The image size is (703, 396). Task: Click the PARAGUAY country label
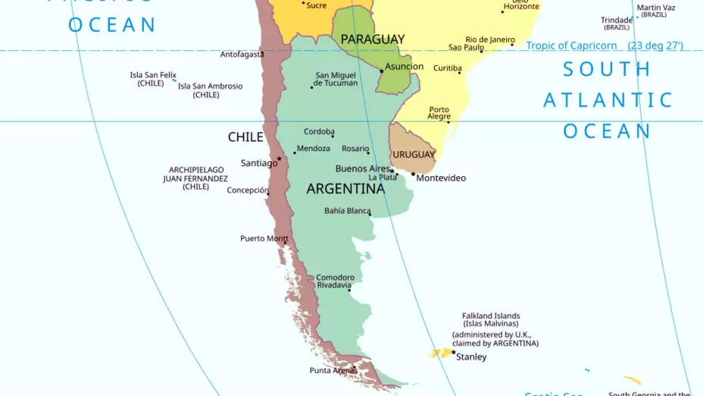tap(372, 39)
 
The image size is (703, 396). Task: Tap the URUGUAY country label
tap(414, 155)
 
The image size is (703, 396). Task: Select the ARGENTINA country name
tap(345, 189)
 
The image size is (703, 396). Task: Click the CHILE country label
tap(245, 137)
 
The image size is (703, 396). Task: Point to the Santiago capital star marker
tap(279, 159)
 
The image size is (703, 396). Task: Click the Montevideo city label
tap(441, 178)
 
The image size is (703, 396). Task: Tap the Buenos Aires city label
tap(362, 168)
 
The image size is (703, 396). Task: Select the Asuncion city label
tap(404, 67)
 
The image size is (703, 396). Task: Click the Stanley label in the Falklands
tap(471, 357)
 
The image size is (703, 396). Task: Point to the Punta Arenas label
tap(333, 370)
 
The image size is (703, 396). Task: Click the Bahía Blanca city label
tap(347, 211)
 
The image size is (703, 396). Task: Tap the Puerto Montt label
tap(264, 238)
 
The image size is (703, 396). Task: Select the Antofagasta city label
tap(242, 55)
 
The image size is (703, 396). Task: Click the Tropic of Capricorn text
tap(571, 46)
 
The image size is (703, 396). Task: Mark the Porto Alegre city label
tap(439, 113)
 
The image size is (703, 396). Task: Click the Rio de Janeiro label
tap(489, 39)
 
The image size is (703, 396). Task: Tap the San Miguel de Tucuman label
tap(336, 79)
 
